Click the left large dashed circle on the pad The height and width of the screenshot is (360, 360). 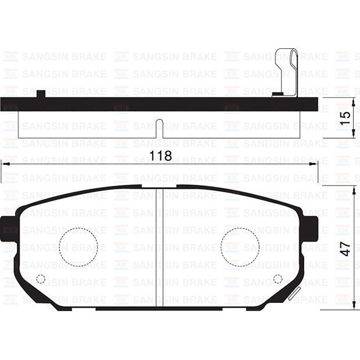(x=79, y=246)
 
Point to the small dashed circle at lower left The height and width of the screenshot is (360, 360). (x=41, y=278)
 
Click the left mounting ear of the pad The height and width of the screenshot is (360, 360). (x=9, y=225)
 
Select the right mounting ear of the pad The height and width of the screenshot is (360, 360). (x=310, y=225)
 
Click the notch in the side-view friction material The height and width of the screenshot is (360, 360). (x=160, y=129)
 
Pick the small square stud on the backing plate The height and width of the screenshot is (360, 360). (x=41, y=93)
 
